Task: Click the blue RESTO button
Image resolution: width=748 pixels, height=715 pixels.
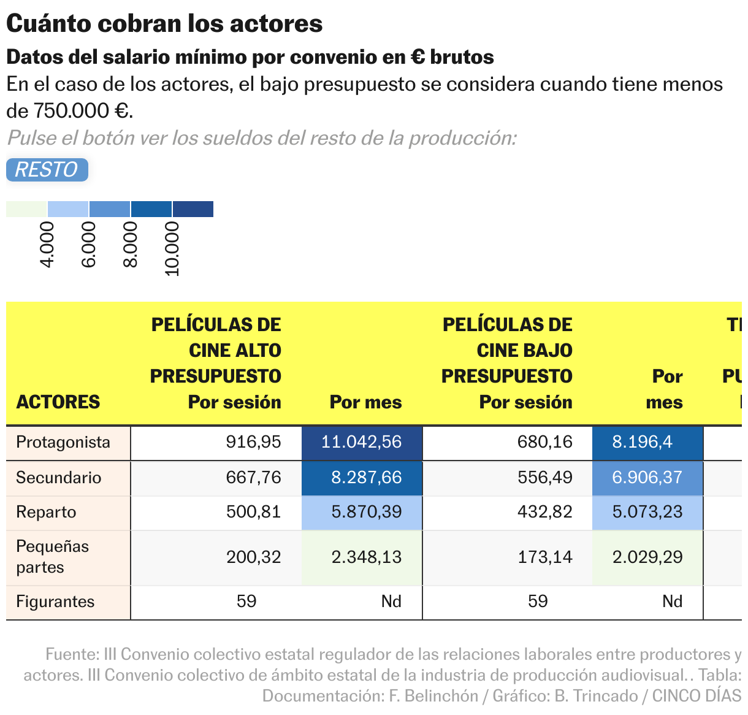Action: tap(47, 170)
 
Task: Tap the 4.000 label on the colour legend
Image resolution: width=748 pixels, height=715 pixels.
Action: tap(47, 245)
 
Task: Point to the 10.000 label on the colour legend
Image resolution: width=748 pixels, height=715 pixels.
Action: tap(172, 249)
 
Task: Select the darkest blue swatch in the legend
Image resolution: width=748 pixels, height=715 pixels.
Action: tap(193, 209)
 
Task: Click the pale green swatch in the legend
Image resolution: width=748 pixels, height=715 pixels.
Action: tap(26, 209)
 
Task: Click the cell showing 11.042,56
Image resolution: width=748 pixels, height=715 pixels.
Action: tap(362, 443)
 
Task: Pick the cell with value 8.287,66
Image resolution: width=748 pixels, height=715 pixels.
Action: tap(362, 478)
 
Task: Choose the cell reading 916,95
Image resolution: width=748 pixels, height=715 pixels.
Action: tap(253, 443)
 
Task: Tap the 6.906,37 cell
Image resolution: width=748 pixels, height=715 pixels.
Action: tap(647, 478)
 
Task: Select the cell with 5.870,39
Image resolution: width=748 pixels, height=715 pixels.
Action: tap(362, 513)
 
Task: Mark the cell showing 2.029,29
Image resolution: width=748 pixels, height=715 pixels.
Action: tap(647, 557)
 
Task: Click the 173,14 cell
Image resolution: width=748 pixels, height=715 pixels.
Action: tap(545, 557)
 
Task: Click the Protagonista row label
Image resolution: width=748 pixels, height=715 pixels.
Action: tap(63, 443)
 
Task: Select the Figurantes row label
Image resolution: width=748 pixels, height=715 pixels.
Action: tap(55, 602)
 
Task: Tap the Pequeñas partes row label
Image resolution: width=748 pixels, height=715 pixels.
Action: tap(53, 557)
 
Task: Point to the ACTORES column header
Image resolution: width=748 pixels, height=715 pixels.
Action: tap(58, 402)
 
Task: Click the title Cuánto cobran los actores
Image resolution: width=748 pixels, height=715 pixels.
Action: tap(164, 24)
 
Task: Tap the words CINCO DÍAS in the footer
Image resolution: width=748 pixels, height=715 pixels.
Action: tap(696, 696)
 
